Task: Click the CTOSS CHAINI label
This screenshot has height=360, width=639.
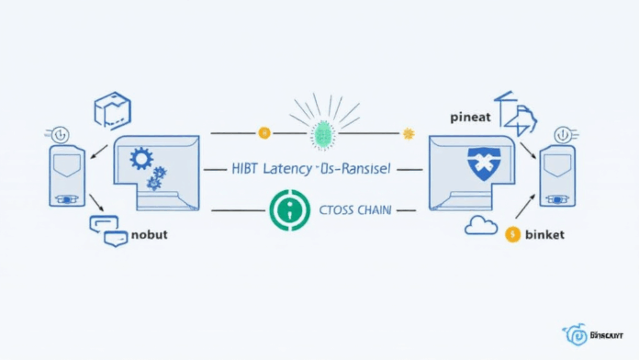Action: point(357,209)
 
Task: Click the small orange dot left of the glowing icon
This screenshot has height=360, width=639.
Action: point(264,133)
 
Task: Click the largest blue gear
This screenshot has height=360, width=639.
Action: point(141,159)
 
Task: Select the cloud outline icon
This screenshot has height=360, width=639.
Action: point(480,225)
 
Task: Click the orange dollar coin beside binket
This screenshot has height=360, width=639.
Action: point(513,234)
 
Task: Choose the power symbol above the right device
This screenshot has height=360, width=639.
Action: point(558,134)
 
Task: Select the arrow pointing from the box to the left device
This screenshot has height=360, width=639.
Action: point(98,147)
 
